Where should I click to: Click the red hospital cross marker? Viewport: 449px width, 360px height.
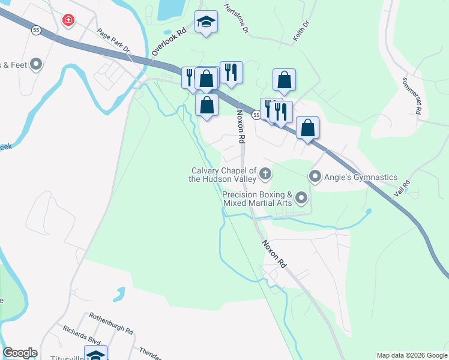tap(68, 20)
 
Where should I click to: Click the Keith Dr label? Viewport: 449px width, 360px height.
tap(301, 31)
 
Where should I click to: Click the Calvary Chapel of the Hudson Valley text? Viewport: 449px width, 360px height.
tap(222, 174)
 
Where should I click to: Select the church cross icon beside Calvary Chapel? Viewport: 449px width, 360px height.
tap(265, 174)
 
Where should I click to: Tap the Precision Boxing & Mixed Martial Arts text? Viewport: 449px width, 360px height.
tap(257, 199)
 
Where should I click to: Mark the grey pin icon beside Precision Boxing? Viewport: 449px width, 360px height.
tap(301, 197)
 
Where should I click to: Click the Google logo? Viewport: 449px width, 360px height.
tap(20, 353)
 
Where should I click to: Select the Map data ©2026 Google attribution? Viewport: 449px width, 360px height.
tap(411, 355)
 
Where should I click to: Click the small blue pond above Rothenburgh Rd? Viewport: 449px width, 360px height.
tap(119, 294)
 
